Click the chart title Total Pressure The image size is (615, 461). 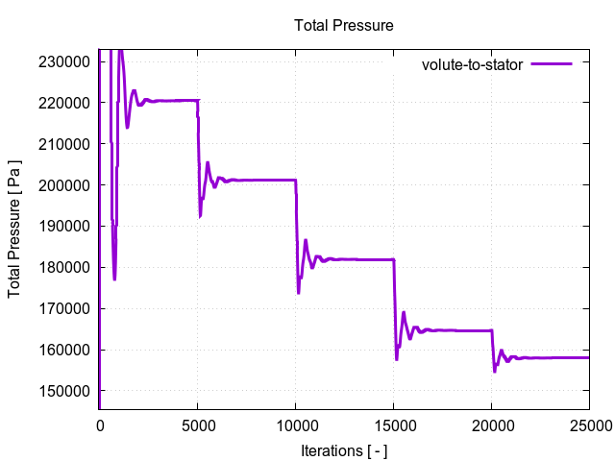[x=343, y=25]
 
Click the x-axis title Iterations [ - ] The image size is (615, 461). [x=343, y=449]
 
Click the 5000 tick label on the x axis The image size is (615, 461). [x=197, y=425]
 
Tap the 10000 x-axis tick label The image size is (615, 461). [x=295, y=425]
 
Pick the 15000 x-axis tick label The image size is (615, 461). [x=393, y=425]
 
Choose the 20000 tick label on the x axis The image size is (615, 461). [x=491, y=425]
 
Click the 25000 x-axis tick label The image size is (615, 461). [x=588, y=425]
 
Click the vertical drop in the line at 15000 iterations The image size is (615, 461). [x=395, y=307]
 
